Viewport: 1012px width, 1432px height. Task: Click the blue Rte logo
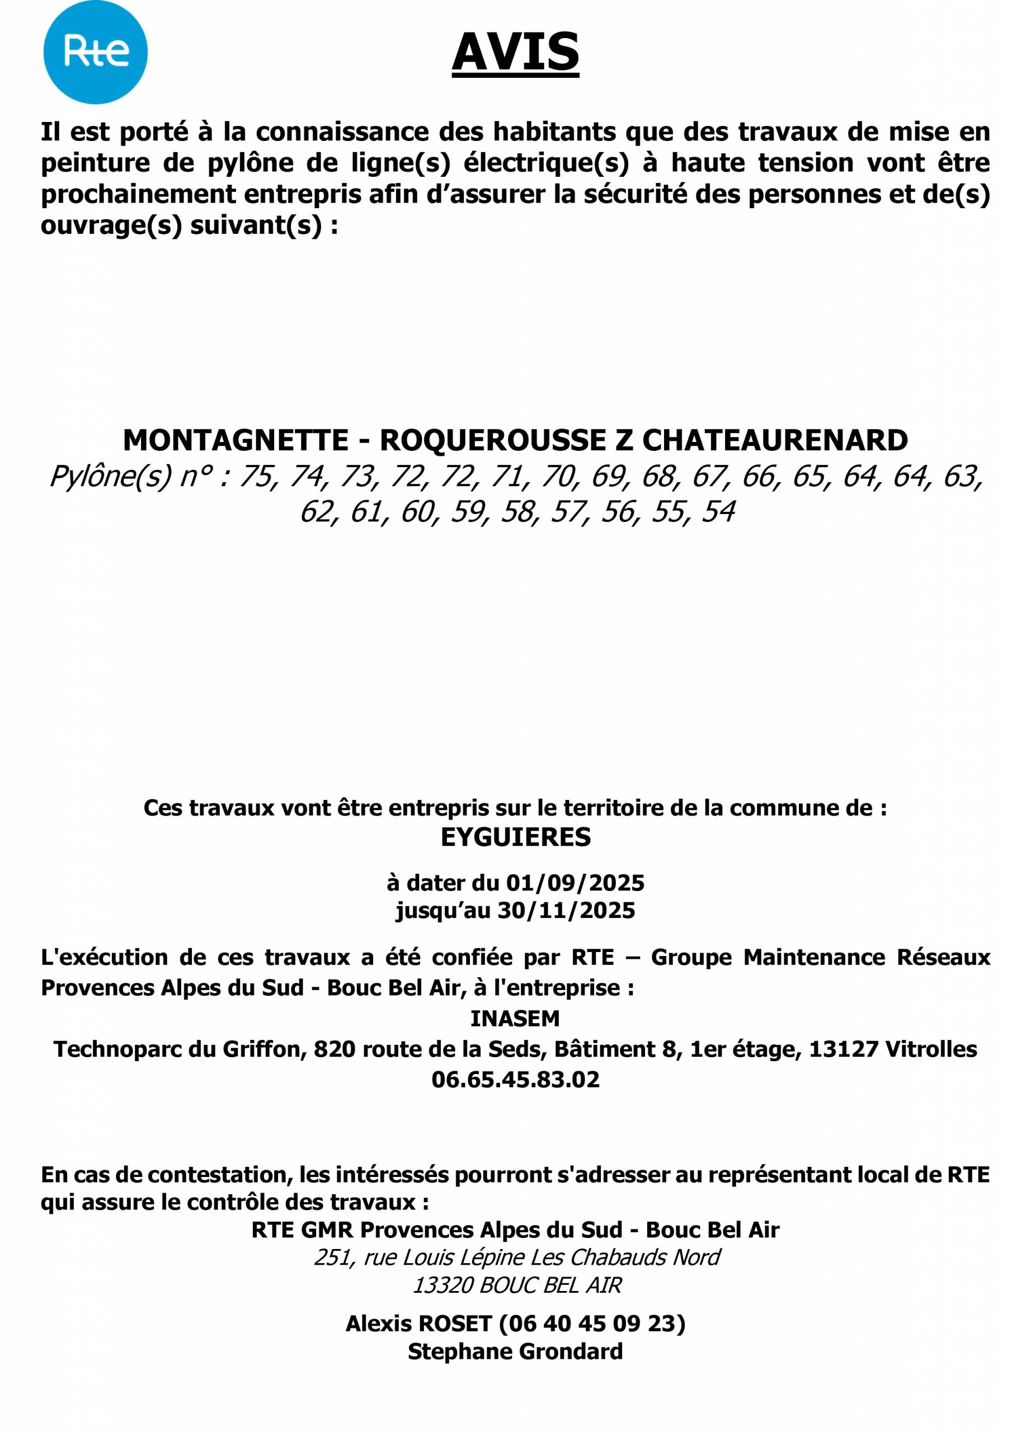(x=95, y=53)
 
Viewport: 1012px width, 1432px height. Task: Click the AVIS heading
(x=515, y=53)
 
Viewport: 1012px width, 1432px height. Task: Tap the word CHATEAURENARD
(x=775, y=441)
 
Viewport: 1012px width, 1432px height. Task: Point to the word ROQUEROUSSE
(x=493, y=441)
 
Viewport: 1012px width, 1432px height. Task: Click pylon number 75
(x=256, y=477)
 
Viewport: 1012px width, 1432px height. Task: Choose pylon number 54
(x=718, y=512)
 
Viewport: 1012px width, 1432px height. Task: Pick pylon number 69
(x=608, y=477)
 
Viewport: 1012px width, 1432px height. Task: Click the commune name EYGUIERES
(x=515, y=837)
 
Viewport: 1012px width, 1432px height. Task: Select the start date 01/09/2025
(x=575, y=883)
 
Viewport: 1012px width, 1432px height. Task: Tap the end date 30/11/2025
(x=566, y=911)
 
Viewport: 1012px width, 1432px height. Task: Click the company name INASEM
(x=515, y=1019)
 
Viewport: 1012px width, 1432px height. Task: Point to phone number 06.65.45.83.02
(x=515, y=1080)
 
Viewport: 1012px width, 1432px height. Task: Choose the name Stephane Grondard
(x=515, y=1351)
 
